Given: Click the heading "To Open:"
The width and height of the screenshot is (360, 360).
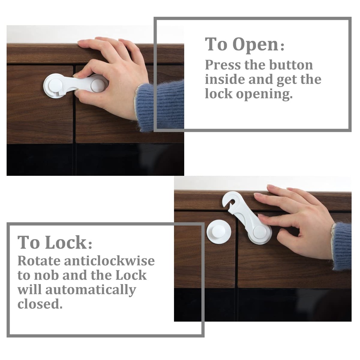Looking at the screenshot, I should tap(245, 45).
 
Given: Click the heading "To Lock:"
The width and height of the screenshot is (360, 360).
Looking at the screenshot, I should tap(55, 243).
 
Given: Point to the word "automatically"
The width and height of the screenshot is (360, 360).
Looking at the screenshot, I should tap(90, 290).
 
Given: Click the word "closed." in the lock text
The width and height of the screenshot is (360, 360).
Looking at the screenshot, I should tap(40, 304).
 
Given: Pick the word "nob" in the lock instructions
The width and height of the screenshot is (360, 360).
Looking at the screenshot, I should tap(45, 276).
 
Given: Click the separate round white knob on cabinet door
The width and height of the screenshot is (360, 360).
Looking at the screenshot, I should tap(219, 231).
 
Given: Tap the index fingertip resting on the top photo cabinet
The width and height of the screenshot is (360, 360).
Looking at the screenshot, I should tap(83, 44).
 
